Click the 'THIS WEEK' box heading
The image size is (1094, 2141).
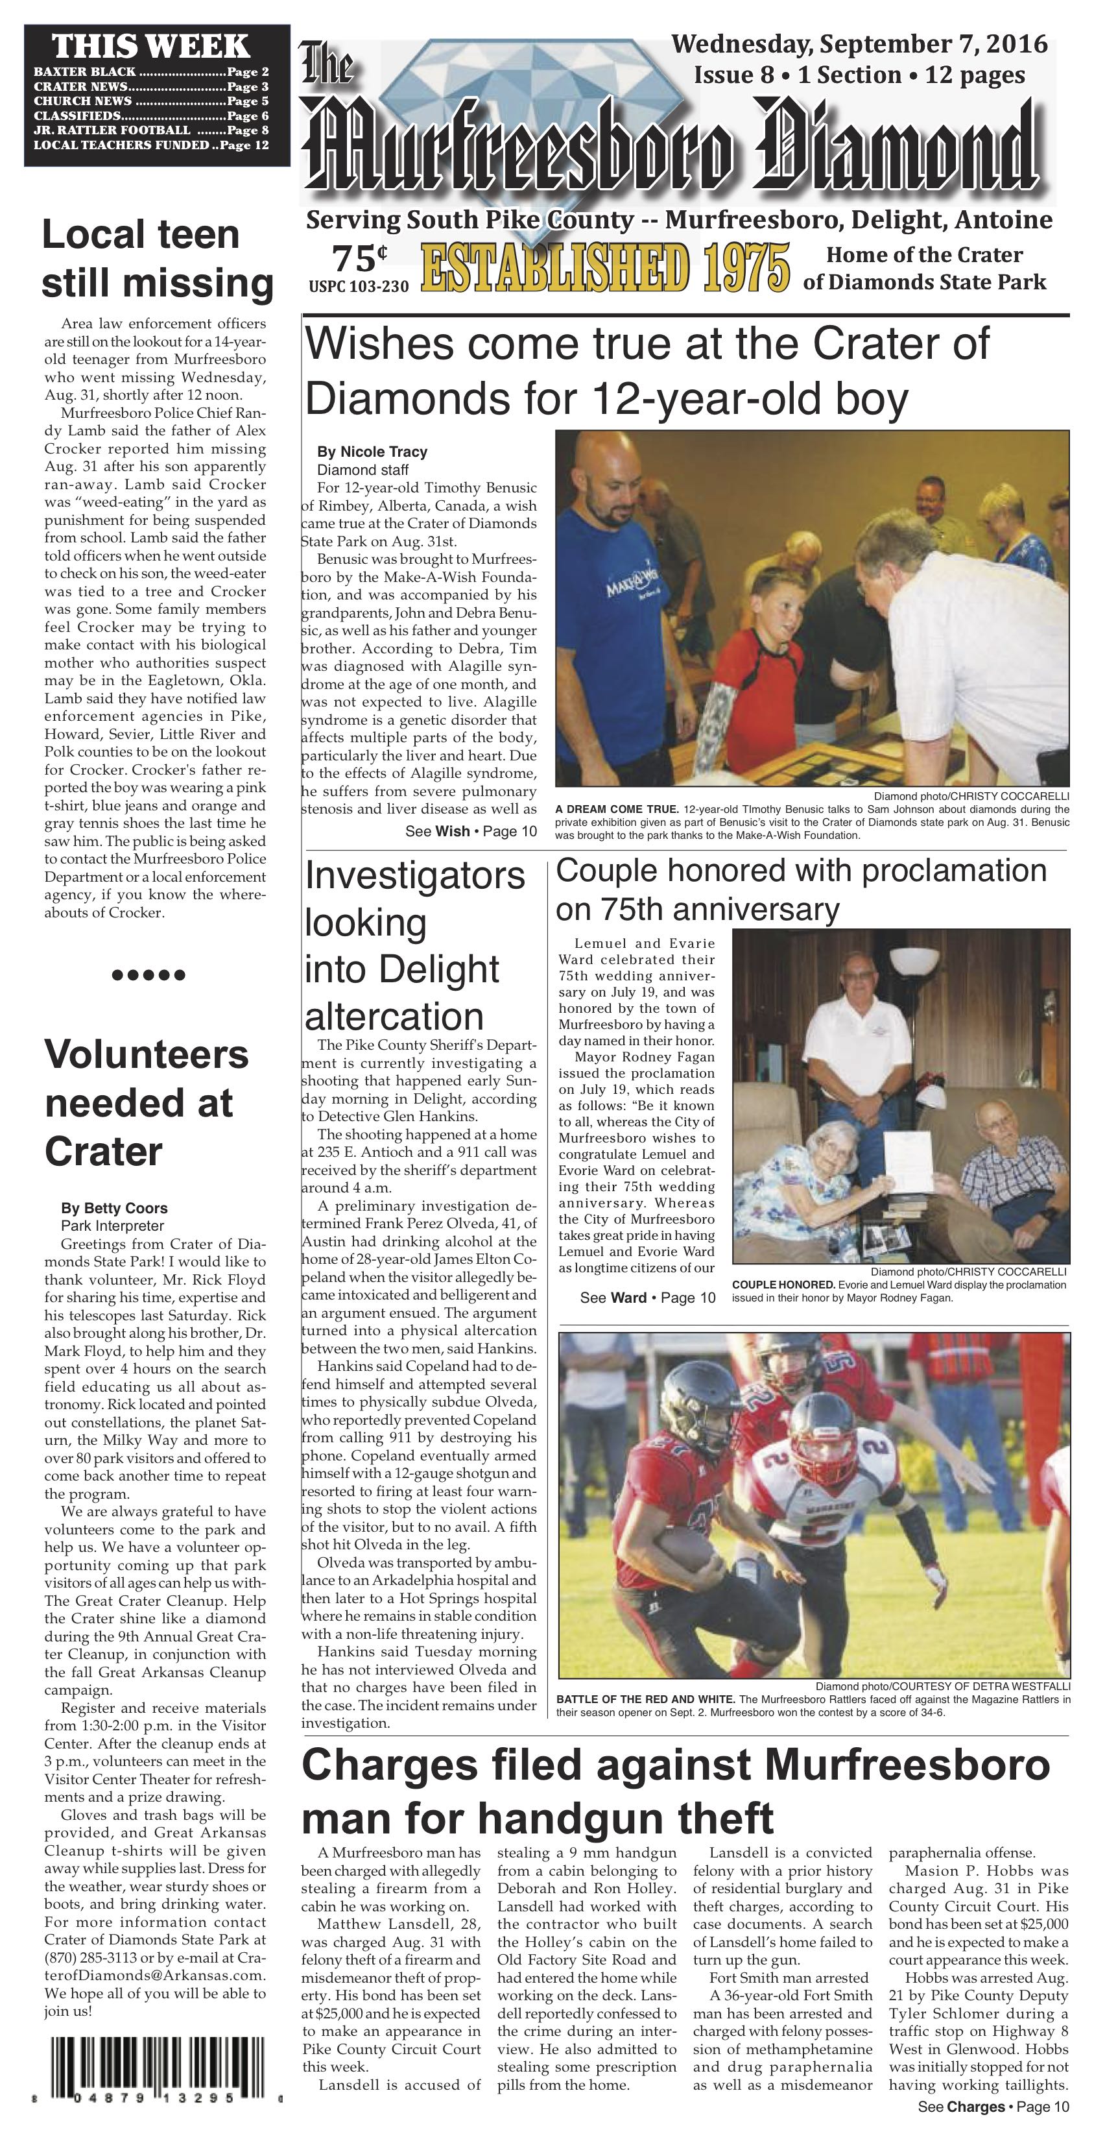pos(150,45)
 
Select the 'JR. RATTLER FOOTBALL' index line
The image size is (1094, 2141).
pos(150,130)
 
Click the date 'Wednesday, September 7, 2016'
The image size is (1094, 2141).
pos(859,44)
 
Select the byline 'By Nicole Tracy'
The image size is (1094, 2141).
pos(372,452)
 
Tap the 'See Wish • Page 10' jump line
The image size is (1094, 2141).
pos(471,831)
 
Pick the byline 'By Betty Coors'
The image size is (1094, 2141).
pos(113,1209)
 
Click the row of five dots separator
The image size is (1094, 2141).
pos(149,975)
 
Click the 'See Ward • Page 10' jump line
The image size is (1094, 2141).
pos(647,1298)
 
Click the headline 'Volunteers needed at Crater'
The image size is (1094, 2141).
pos(146,1103)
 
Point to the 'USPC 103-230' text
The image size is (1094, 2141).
pos(359,287)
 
